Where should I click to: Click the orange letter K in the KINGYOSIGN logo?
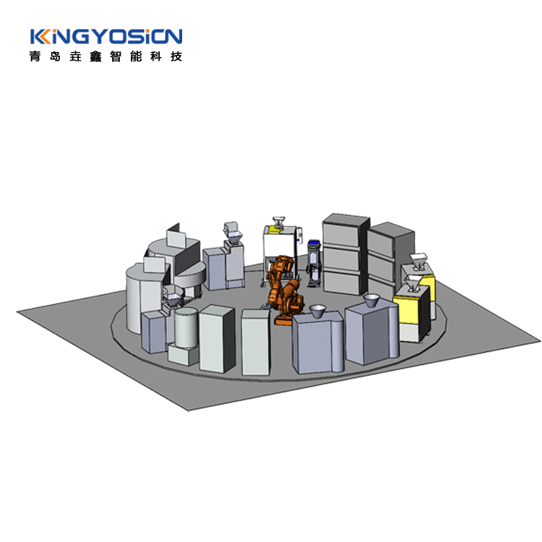[44, 37]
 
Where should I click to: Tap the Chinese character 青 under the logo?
[35, 56]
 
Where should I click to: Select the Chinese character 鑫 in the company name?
[95, 56]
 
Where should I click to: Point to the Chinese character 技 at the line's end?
[176, 56]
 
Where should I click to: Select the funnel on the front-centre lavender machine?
[317, 311]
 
